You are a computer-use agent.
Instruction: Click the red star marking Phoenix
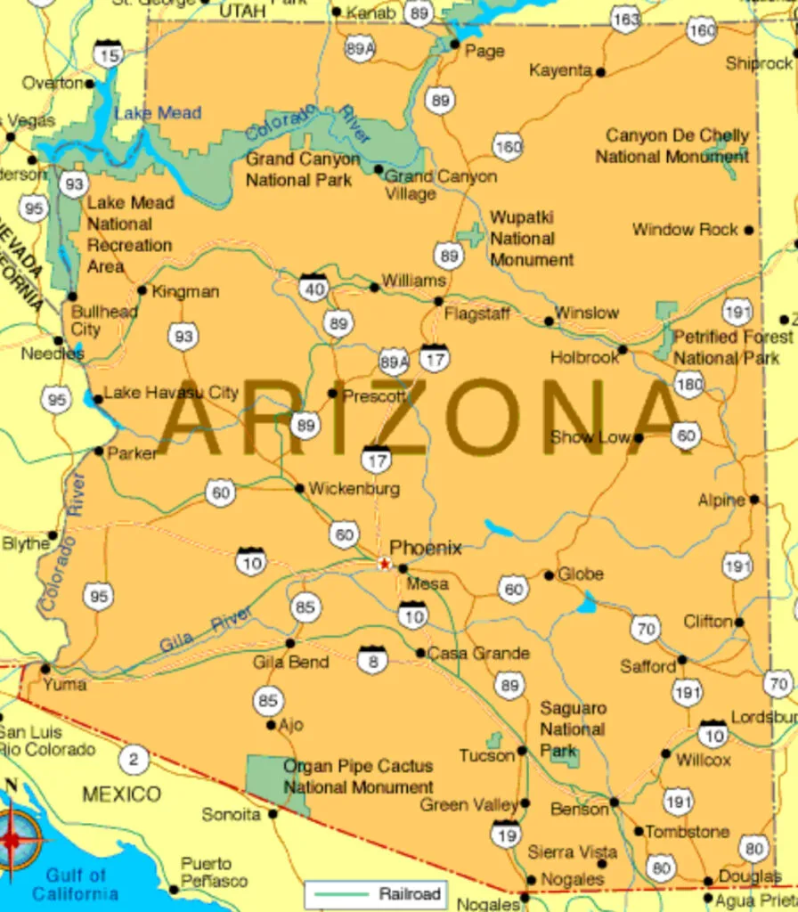385,563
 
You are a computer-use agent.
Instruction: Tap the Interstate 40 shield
313,287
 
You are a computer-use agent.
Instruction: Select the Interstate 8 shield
372,659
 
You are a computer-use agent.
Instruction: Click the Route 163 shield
626,19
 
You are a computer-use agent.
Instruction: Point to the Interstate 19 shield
506,834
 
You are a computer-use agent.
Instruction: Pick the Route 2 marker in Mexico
134,760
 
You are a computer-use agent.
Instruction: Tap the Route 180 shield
688,385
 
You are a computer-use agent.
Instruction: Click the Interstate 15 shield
109,55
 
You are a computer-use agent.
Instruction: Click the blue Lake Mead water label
158,113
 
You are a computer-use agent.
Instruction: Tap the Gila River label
205,630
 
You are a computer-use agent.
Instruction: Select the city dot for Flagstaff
438,301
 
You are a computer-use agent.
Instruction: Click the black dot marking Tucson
522,751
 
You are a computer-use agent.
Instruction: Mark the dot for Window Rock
749,230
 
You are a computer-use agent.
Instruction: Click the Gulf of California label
76,884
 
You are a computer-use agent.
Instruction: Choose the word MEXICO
122,794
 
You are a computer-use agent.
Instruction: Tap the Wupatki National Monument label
532,239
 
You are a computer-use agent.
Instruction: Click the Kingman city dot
142,289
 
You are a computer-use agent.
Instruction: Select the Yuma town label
65,684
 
